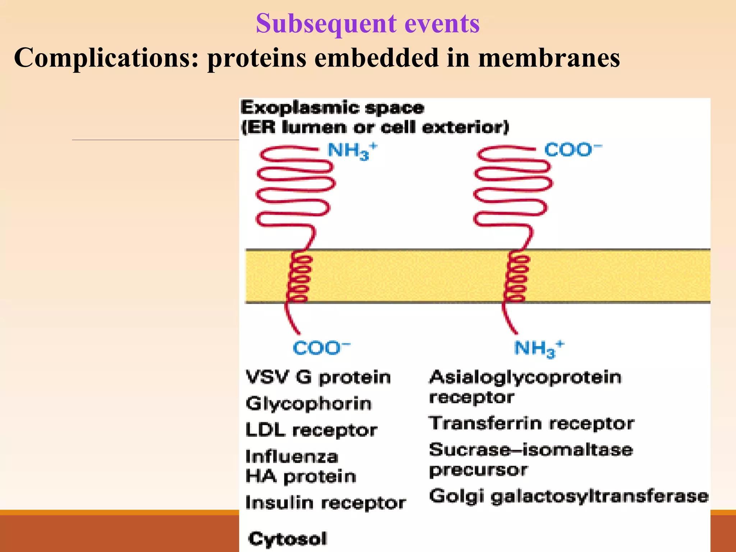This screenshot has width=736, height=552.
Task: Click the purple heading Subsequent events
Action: click(368, 23)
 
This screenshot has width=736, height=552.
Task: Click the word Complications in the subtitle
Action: click(106, 58)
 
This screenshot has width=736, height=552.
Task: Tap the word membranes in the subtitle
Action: click(549, 58)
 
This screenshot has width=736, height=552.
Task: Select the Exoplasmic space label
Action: click(332, 108)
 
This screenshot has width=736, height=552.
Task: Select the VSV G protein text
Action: click(318, 377)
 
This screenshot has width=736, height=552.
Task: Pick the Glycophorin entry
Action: click(308, 404)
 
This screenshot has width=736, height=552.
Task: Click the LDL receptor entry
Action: click(311, 430)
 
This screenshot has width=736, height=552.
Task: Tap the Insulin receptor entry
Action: click(325, 502)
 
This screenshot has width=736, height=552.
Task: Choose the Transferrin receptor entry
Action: click(531, 423)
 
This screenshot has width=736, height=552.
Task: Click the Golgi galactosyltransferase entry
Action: click(569, 496)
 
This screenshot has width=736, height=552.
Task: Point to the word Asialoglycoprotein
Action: click(525, 377)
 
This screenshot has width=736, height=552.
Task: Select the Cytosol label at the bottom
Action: click(287, 539)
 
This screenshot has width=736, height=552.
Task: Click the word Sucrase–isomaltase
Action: click(531, 450)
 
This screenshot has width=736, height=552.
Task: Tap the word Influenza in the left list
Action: click(292, 457)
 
